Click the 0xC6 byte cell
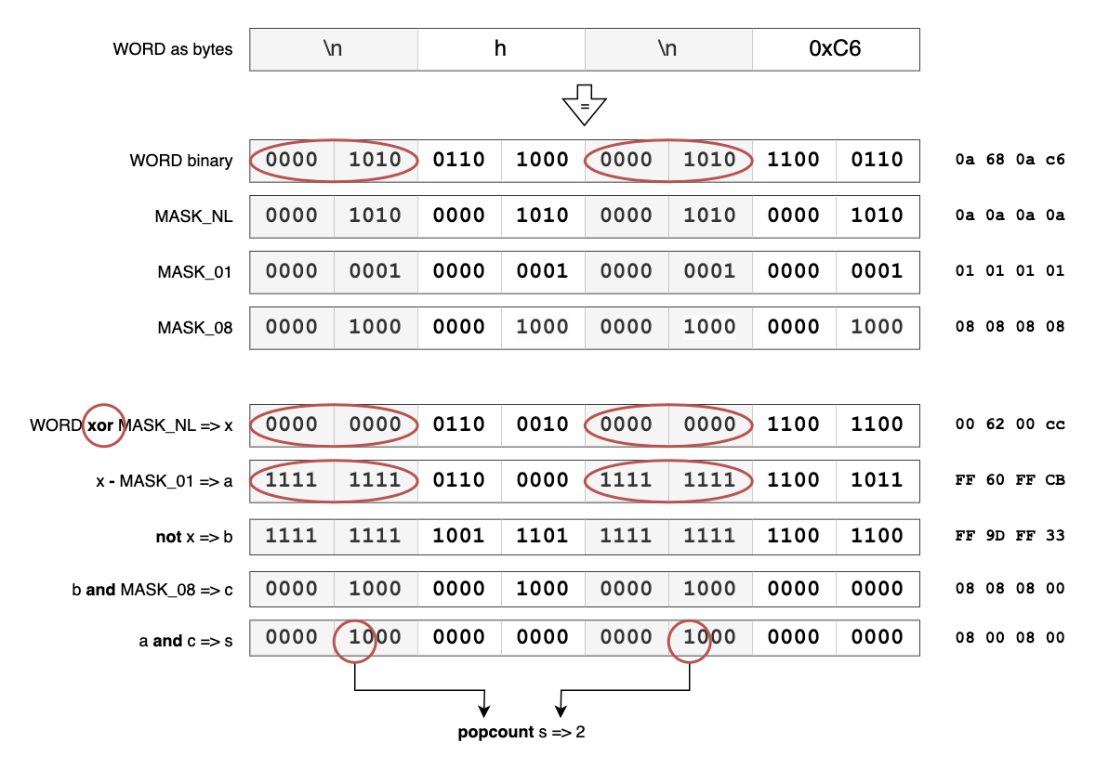pyautogui.click(x=835, y=49)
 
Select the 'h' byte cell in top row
pyautogui.click(x=500, y=49)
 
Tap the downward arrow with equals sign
pyautogui.click(x=584, y=105)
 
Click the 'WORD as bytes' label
pyautogui.click(x=172, y=49)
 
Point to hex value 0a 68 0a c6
pyautogui.click(x=1010, y=160)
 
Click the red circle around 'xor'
pyautogui.click(x=103, y=425)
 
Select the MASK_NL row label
pyautogui.click(x=193, y=216)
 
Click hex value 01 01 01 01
pyautogui.click(x=1010, y=271)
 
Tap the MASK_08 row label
pyautogui.click(x=194, y=327)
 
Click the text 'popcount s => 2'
pyautogui.click(x=521, y=732)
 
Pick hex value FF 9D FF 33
pyautogui.click(x=1010, y=536)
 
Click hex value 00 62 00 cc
pyautogui.click(x=1010, y=425)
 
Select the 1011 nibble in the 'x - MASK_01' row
pyautogui.click(x=878, y=480)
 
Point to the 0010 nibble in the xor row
pyautogui.click(x=543, y=424)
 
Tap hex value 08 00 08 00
pyautogui.click(x=1010, y=638)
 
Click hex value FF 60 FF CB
pyautogui.click(x=1010, y=481)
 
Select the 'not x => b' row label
pyautogui.click(x=193, y=537)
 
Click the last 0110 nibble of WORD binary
pyautogui.click(x=878, y=160)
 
